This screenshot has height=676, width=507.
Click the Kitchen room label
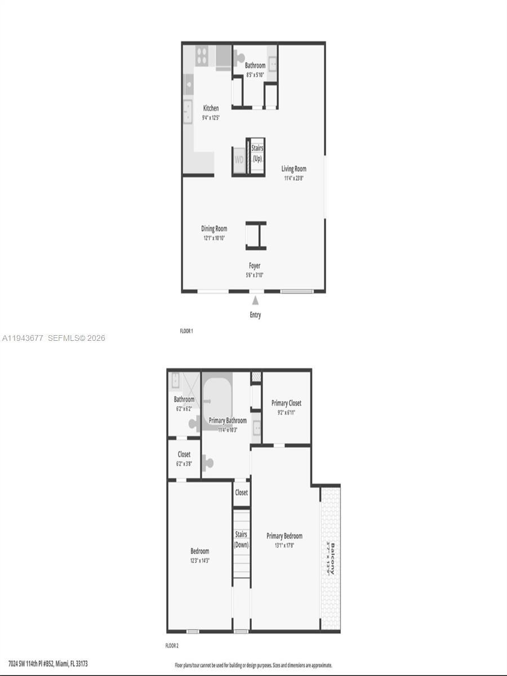click(211, 108)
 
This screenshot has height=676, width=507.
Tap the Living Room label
click(294, 168)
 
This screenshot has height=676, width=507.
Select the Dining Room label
click(214, 229)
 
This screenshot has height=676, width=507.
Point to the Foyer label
click(255, 266)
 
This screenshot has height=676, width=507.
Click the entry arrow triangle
click(255, 301)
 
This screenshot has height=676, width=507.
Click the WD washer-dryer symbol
click(239, 159)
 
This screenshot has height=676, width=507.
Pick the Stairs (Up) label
click(257, 153)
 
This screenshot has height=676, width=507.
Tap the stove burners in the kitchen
click(202, 55)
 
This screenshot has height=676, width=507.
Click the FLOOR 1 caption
click(186, 331)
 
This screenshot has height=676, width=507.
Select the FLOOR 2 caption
click(172, 646)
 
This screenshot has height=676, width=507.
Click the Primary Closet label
click(286, 403)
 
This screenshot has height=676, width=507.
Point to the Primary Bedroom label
click(284, 536)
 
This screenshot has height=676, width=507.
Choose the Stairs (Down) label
click(241, 540)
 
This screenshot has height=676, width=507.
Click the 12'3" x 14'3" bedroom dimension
click(199, 560)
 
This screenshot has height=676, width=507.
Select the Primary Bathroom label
click(228, 421)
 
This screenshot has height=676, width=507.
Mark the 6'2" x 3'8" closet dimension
click(184, 463)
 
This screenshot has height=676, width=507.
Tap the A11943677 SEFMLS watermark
click(54, 338)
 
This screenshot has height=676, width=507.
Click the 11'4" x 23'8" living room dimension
click(295, 178)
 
